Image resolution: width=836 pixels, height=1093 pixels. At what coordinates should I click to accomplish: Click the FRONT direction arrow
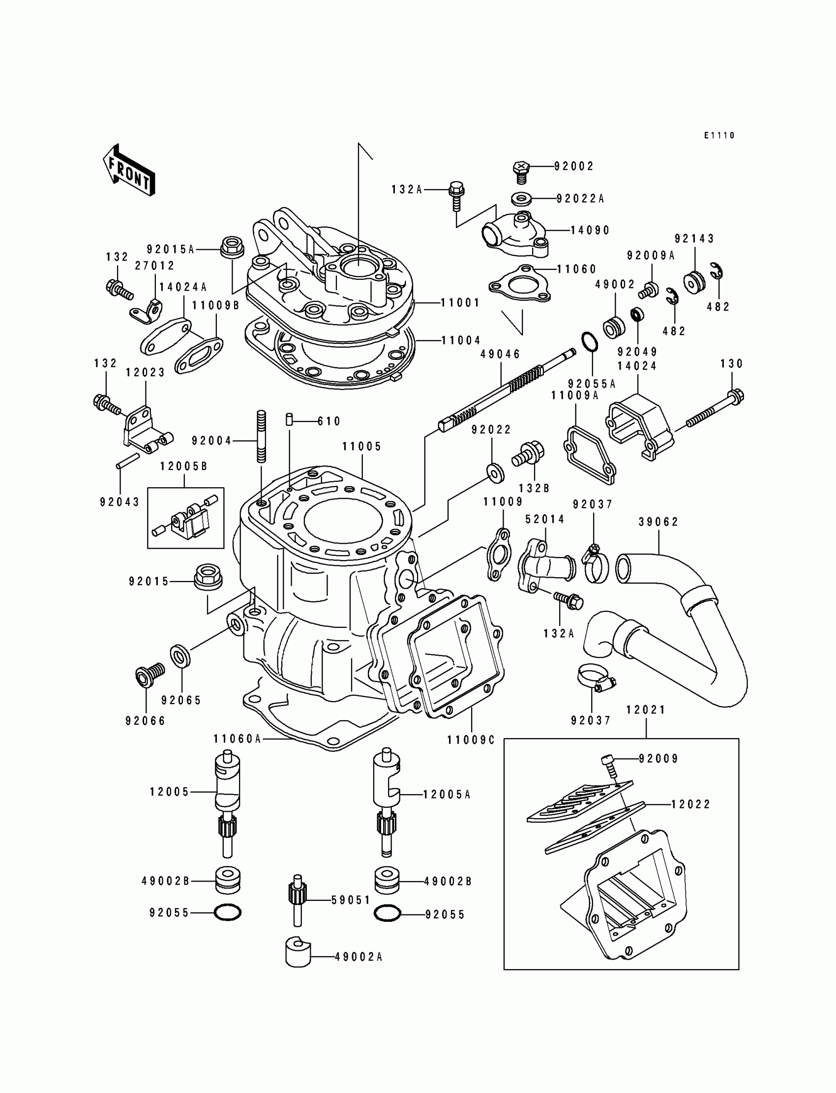129,170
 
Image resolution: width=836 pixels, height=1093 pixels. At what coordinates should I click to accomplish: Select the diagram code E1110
719,135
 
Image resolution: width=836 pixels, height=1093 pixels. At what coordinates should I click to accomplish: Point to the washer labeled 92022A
520,199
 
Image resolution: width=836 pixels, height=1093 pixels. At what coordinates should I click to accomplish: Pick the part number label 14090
590,230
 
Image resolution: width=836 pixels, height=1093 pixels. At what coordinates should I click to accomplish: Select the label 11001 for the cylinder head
460,302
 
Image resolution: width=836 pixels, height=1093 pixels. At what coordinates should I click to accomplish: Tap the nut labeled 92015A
230,247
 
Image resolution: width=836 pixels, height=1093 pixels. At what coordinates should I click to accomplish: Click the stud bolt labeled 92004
262,436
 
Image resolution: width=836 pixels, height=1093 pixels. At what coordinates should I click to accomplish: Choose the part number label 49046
500,354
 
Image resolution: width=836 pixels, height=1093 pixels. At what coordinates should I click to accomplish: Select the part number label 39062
658,522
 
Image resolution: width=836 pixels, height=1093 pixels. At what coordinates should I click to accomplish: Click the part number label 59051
351,900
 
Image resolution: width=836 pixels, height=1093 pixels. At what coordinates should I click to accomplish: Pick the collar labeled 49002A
298,953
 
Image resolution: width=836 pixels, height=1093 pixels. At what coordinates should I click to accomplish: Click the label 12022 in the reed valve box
691,804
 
